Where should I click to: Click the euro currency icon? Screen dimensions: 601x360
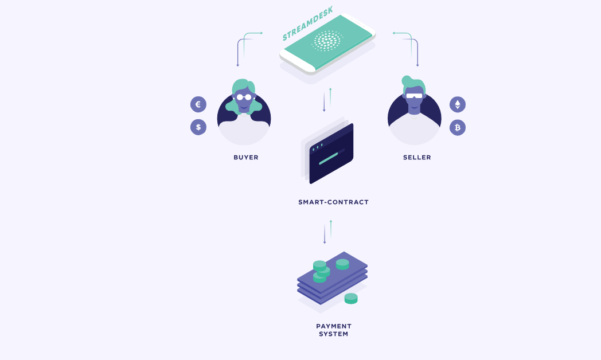198,104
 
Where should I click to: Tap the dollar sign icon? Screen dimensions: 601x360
198,127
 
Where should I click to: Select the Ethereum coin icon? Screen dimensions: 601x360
457,104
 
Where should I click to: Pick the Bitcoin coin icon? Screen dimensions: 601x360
457,127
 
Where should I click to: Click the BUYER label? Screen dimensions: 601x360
246,158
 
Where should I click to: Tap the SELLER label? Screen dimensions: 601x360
417,158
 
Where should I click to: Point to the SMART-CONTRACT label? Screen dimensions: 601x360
333,202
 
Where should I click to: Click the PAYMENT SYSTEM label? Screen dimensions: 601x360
333,330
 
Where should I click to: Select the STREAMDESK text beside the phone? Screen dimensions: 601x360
308,24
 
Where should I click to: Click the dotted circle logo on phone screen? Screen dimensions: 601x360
327,41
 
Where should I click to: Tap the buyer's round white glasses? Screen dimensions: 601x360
244,97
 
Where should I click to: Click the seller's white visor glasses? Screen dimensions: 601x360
414,96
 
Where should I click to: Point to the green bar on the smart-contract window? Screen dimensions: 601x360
329,159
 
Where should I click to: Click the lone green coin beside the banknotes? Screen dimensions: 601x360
351,299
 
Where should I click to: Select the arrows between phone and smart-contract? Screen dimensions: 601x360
327,100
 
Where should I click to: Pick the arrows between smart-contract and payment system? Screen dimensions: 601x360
327,232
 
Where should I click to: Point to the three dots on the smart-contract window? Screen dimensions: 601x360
317,147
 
